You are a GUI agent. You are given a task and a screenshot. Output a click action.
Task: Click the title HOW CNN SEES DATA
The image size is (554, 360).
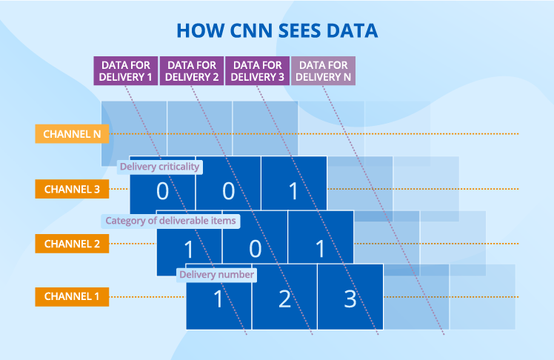[x=277, y=30]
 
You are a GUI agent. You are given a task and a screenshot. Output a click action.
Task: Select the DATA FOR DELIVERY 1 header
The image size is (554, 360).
[x=125, y=70]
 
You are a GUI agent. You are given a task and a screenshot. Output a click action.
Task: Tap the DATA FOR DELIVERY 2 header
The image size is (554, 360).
[x=191, y=70]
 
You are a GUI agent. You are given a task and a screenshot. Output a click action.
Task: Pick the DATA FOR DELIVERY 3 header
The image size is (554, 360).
[x=257, y=70]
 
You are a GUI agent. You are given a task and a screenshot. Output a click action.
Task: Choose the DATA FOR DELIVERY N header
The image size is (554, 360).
[x=323, y=70]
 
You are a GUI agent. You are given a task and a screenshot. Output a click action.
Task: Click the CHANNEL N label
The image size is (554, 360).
[x=73, y=134]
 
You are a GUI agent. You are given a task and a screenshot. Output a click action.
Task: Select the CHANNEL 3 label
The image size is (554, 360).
[x=73, y=189]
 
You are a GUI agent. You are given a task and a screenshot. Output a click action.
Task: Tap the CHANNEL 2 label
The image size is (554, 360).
[x=73, y=243]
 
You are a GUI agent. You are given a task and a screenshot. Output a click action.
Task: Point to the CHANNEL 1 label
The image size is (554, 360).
[x=73, y=297]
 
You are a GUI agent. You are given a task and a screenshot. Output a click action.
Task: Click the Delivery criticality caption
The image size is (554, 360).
[x=160, y=167]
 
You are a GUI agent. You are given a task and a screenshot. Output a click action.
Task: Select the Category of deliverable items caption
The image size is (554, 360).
[x=170, y=221]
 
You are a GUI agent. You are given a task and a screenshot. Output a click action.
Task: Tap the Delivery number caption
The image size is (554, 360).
[x=216, y=275]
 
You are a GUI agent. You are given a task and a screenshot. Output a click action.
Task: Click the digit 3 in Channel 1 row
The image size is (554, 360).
[x=350, y=299]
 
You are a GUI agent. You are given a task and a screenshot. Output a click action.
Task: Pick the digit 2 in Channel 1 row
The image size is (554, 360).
[x=285, y=299]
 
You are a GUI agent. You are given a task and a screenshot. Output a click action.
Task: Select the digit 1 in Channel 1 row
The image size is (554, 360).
[x=218, y=299]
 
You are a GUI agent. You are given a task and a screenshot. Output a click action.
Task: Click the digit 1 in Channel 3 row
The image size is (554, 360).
[x=293, y=191]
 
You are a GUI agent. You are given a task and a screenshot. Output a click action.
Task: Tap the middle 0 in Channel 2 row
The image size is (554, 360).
[x=256, y=247]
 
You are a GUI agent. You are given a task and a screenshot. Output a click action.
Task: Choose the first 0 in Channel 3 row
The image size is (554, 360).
[x=162, y=191]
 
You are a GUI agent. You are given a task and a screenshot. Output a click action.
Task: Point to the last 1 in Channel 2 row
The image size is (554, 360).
[x=321, y=247]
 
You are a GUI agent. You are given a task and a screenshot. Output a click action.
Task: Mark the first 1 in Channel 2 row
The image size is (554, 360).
[x=190, y=247]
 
